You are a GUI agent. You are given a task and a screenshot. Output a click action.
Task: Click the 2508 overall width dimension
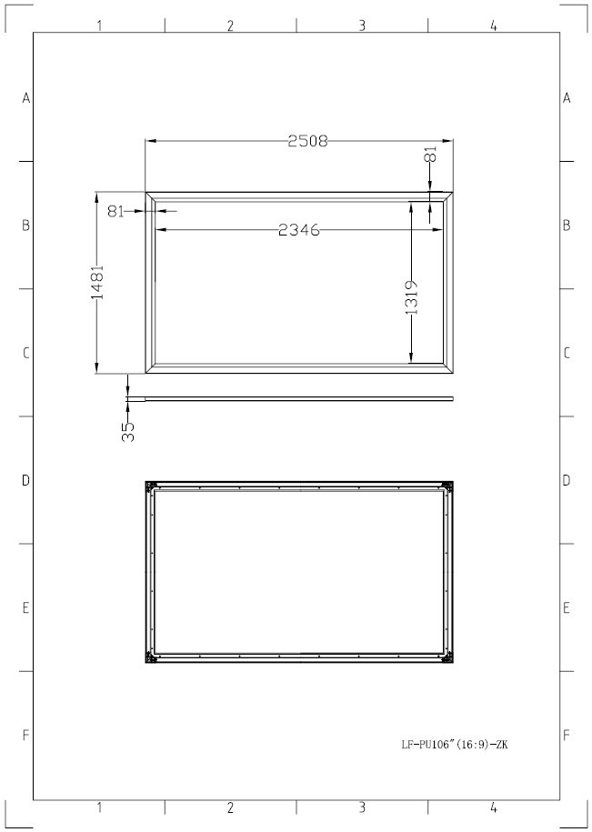pos(307,141)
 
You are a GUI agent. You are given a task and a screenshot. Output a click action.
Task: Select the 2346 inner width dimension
pos(299,230)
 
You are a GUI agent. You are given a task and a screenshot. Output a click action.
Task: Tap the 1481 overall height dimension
pos(97,285)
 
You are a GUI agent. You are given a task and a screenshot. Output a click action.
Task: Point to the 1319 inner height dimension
pos(411,296)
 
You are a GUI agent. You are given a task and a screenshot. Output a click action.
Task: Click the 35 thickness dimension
pos(128,431)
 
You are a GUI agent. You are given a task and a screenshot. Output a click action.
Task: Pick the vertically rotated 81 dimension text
pos(431,155)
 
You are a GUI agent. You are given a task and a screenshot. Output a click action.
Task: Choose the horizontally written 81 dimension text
pos(115,211)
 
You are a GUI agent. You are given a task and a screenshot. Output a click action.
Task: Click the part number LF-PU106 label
pos(455,744)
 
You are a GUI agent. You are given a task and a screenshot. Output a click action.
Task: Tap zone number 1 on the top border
pos(99,25)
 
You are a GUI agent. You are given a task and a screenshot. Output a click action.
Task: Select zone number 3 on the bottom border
pos(362,807)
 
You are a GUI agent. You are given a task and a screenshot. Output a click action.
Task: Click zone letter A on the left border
pos(26,98)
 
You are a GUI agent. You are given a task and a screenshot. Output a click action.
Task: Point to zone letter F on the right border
pos(567,735)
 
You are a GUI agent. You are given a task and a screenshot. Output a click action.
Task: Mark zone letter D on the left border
pos(26,480)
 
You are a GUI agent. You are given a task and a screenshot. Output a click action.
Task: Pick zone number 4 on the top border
pos(494,25)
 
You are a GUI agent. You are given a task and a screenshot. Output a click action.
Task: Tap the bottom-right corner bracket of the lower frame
pos(448,658)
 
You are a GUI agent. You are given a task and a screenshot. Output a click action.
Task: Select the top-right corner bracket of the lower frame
pos(448,487)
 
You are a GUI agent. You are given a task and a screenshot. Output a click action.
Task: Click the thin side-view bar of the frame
pos(291,397)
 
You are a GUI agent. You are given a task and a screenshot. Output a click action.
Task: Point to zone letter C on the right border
pos(567,353)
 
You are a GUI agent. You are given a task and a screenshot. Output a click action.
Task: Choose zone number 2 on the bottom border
pos(231,807)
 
